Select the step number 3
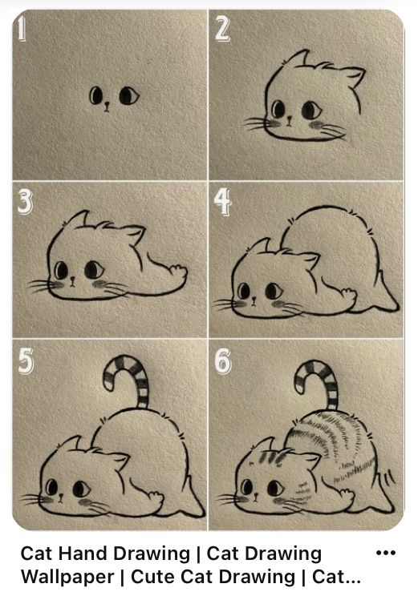(24, 203)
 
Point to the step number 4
(223, 203)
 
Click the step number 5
(24, 363)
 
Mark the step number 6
(223, 363)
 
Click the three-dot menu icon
(386, 554)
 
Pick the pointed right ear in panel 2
(351, 78)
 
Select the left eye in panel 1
(97, 98)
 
